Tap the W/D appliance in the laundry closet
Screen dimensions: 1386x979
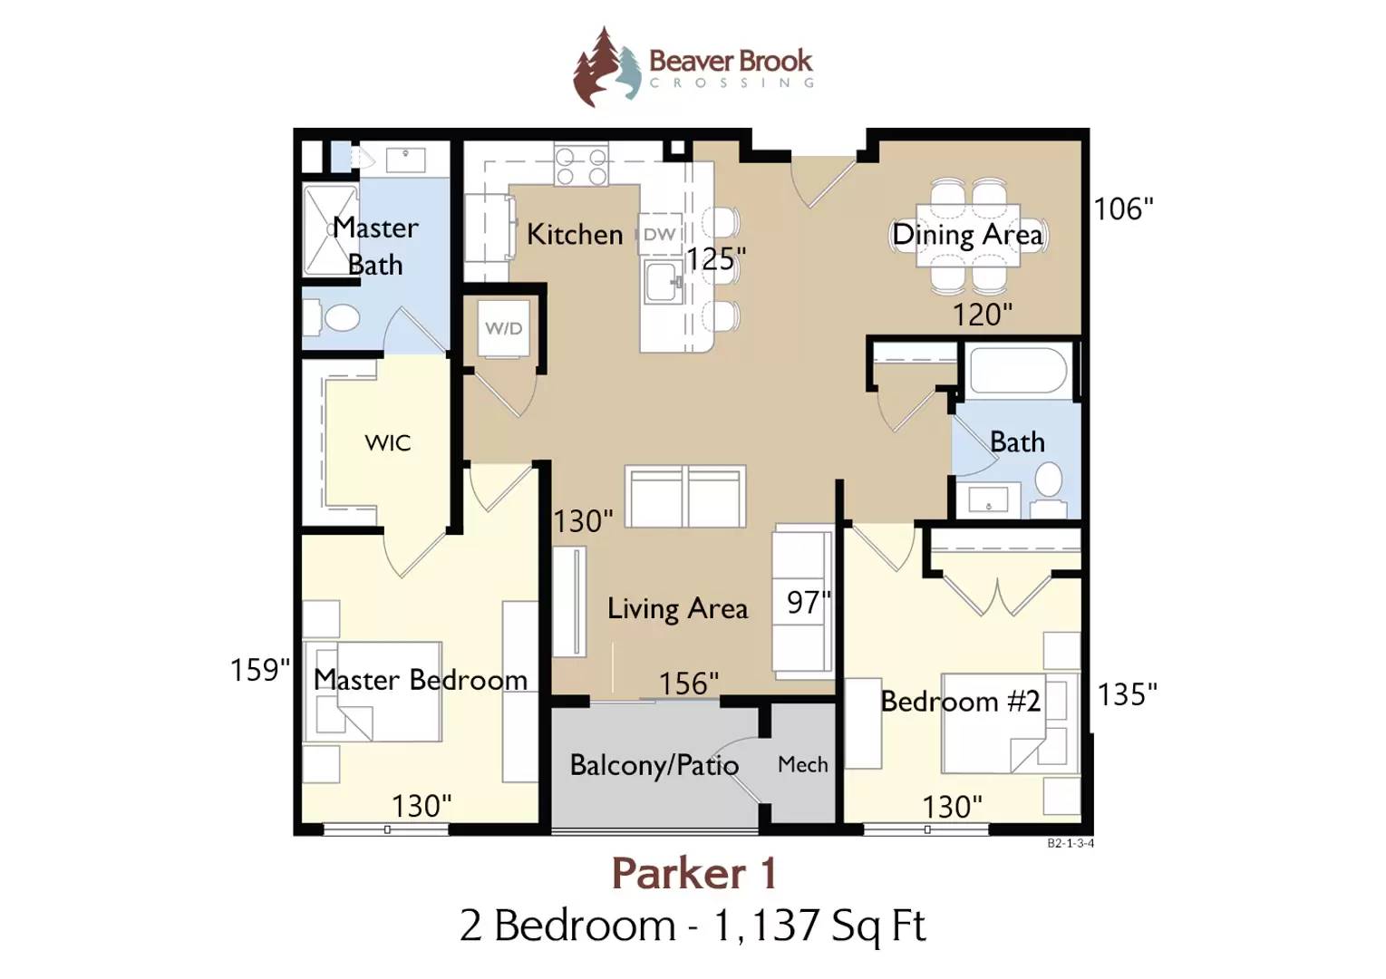click(504, 329)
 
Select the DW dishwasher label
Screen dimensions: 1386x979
click(659, 235)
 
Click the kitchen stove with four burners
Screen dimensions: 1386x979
click(581, 164)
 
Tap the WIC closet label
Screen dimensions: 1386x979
click(388, 443)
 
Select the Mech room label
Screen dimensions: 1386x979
click(802, 765)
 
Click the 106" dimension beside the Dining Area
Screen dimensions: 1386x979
click(1124, 209)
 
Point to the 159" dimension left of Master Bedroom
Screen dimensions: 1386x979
click(260, 670)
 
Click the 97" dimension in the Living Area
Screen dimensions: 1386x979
click(808, 602)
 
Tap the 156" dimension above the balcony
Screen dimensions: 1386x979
click(689, 683)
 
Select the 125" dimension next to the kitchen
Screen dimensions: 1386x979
click(716, 259)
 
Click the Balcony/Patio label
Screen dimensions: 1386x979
click(654, 765)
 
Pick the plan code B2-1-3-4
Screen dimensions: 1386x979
click(1071, 843)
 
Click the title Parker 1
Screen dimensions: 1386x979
click(693, 874)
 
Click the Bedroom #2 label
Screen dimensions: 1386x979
click(960, 702)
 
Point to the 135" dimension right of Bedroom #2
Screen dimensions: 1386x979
click(1127, 694)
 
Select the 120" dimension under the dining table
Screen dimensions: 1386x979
click(983, 315)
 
